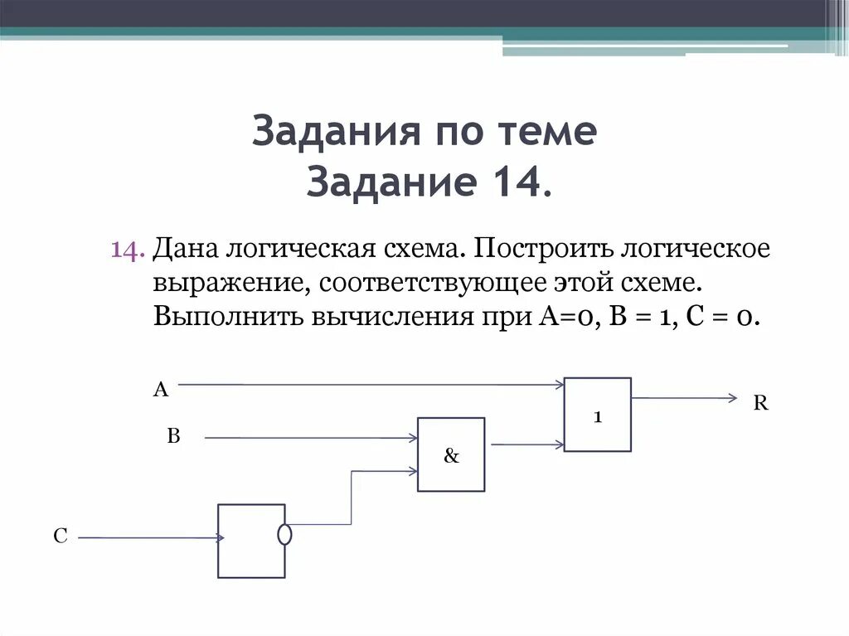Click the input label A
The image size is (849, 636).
[x=160, y=390]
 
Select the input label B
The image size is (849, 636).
[x=173, y=436]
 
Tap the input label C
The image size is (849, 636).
[x=60, y=536]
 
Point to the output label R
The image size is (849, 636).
[x=760, y=404]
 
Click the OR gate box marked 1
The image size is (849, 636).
[x=597, y=415]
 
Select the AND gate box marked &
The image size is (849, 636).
[x=451, y=454]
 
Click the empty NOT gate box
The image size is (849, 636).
[x=250, y=541]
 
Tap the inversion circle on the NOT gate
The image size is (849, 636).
[x=284, y=535]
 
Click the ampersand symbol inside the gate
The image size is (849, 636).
[x=451, y=456]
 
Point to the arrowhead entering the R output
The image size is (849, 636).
[x=731, y=398]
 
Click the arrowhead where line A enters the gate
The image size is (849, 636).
[x=560, y=384]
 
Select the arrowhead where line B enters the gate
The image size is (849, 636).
[x=412, y=438]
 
